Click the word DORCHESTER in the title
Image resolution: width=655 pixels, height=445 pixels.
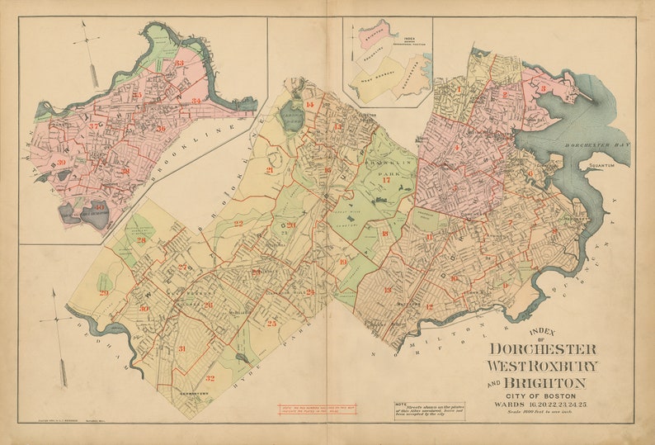click(x=543, y=349)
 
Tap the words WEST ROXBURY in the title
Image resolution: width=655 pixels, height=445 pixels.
click(x=542, y=366)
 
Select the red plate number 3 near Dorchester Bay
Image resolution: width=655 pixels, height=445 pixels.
click(x=544, y=88)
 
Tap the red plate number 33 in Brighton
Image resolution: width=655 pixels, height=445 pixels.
click(x=179, y=63)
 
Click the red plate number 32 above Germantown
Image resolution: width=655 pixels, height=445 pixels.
click(x=210, y=378)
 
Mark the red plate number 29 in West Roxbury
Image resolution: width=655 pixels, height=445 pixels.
click(x=104, y=293)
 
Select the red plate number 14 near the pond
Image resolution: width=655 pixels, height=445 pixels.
click(x=310, y=106)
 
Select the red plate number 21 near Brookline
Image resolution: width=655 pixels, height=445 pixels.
click(x=270, y=170)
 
